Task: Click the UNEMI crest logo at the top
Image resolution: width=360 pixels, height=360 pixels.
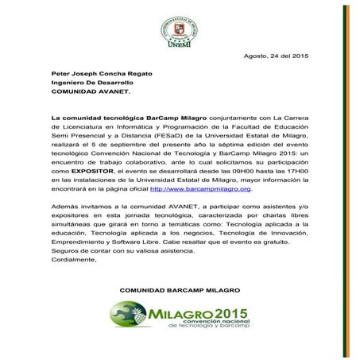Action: pos(180,21)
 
